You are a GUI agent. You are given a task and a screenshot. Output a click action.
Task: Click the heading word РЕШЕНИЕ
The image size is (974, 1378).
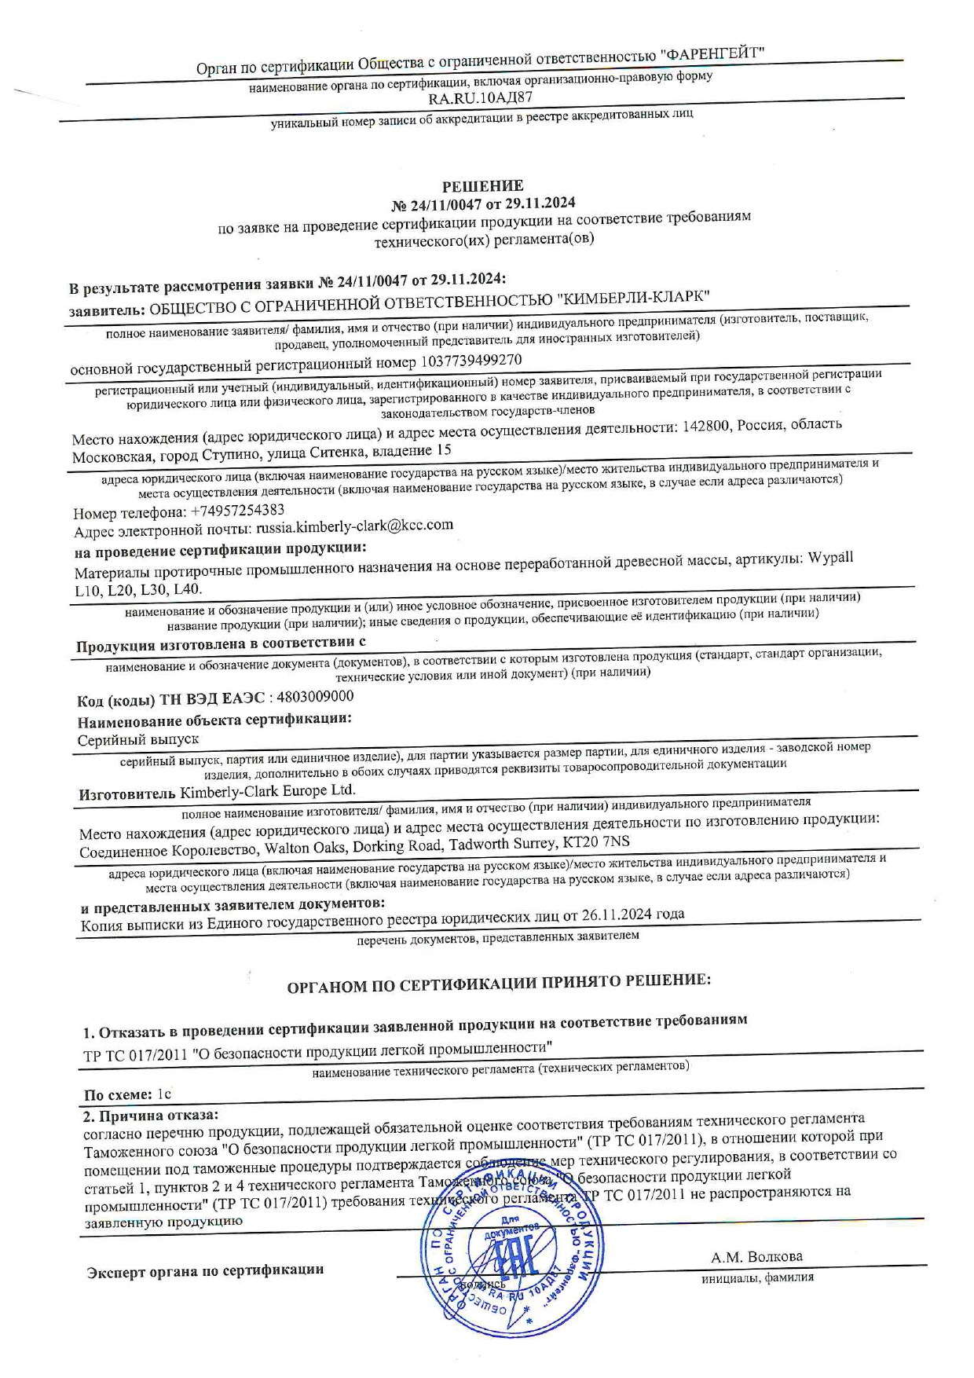(x=482, y=186)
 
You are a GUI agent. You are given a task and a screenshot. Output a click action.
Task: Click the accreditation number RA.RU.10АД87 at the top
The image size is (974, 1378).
(x=481, y=98)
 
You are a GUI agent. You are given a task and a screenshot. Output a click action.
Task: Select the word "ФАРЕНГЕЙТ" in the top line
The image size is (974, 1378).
(x=713, y=54)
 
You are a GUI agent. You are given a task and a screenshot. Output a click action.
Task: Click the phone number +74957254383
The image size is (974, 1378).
(x=237, y=511)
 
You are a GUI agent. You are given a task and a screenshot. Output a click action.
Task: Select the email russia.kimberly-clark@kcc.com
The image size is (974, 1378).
(x=355, y=526)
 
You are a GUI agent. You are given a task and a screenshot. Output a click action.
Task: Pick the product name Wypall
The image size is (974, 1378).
(x=831, y=557)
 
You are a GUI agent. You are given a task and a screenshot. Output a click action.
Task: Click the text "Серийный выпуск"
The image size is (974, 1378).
(x=138, y=739)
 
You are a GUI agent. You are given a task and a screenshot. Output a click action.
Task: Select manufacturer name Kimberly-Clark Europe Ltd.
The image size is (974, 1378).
(x=268, y=790)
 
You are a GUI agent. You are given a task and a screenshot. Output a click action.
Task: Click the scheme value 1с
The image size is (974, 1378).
(x=164, y=1094)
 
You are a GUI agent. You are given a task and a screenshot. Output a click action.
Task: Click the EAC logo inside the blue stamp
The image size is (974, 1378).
(x=514, y=1260)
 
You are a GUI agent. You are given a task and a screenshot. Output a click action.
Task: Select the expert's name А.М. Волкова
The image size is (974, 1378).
(x=756, y=1256)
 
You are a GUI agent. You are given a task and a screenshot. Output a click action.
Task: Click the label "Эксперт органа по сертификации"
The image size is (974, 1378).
(x=205, y=1270)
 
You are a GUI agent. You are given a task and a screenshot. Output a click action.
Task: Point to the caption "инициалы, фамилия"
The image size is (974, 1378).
(x=757, y=1277)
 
